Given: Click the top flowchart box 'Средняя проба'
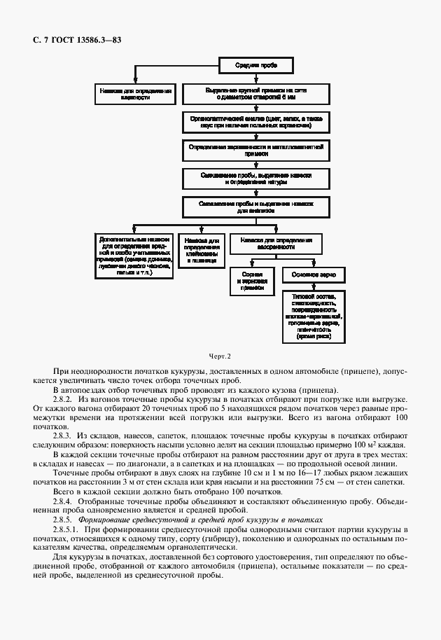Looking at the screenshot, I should coord(255,66).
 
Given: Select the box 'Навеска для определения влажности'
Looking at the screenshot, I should coord(135,95).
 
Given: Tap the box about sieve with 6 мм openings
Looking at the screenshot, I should coord(255,95).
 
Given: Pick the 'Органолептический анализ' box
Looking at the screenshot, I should coord(255,123).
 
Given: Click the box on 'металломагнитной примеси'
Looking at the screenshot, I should coord(255,151).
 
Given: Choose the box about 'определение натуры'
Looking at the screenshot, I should coord(255,179).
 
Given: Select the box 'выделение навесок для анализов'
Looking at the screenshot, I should coord(255,206).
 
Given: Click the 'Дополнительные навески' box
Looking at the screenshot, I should coord(133,256).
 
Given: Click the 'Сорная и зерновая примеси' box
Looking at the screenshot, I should coord(252,281).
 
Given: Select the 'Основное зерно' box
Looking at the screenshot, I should coord(312,274).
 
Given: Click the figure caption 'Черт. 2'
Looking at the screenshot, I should coord(220,357).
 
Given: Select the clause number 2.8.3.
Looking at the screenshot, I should coord(63,436).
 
